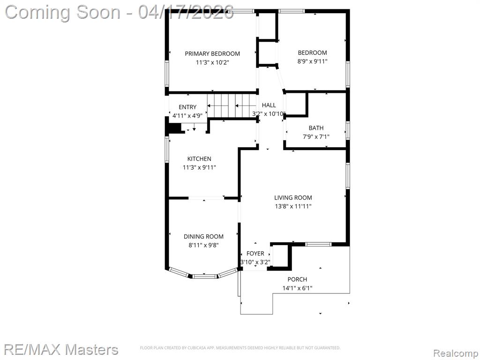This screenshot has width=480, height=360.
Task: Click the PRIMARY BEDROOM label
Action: pyautogui.click(x=212, y=53)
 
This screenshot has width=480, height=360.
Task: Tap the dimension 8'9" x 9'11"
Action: pyautogui.click(x=312, y=61)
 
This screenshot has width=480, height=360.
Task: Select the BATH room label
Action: pyautogui.click(x=316, y=128)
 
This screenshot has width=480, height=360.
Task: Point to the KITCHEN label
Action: pyautogui.click(x=199, y=158)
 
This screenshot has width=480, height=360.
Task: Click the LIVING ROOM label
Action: pyautogui.click(x=293, y=198)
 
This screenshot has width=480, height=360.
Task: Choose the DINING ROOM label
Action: pyautogui.click(x=203, y=236)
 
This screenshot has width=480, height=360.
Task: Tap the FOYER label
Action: pyautogui.click(x=255, y=254)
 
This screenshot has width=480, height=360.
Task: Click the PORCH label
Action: pyautogui.click(x=297, y=279)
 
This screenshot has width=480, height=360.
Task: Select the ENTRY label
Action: pyautogui.click(x=187, y=107)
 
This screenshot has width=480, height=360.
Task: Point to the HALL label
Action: pyautogui.click(x=269, y=105)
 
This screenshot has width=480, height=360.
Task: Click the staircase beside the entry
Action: pyautogui.click(x=232, y=105)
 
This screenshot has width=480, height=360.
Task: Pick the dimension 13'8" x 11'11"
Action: pyautogui.click(x=293, y=206)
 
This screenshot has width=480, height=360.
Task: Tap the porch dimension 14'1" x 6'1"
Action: pyautogui.click(x=297, y=288)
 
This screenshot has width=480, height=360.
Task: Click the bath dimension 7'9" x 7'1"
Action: pyautogui.click(x=316, y=137)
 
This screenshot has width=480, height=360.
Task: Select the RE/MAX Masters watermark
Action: pyautogui.click(x=61, y=350)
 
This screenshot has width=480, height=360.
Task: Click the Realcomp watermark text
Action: pyautogui.click(x=455, y=353)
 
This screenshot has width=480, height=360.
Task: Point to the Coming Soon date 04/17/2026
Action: pyautogui.click(x=186, y=12)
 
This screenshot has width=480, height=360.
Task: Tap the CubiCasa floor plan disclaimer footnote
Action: pyautogui.click(x=240, y=348)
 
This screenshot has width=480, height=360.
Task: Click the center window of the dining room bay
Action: pyautogui.click(x=205, y=277)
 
